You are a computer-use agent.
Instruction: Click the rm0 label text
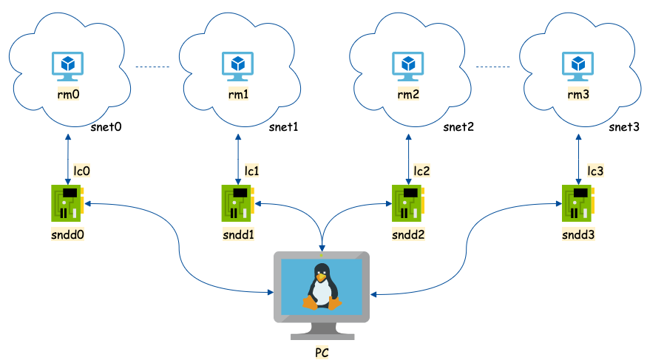69,95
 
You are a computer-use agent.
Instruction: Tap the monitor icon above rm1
238,67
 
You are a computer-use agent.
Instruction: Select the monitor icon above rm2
408,67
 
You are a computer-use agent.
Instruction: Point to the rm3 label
578,95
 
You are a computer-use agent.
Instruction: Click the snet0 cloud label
106,126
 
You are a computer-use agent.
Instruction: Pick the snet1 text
283,126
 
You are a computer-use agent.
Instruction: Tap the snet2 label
458,126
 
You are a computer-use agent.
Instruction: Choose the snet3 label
624,126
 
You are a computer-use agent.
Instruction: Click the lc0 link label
81,171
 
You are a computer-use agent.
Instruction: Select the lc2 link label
421,171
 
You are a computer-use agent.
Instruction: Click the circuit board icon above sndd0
68,203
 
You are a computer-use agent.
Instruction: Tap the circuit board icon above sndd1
238,203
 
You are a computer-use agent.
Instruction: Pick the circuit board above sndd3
578,203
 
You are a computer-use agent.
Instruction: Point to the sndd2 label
408,234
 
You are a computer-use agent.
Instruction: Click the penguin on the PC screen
322,287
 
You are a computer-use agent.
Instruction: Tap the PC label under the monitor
322,353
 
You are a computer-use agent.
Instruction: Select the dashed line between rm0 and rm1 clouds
152,67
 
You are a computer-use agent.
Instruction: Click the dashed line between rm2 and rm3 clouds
492,67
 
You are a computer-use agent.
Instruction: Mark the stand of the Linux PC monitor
322,331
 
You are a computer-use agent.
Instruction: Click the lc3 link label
595,171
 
